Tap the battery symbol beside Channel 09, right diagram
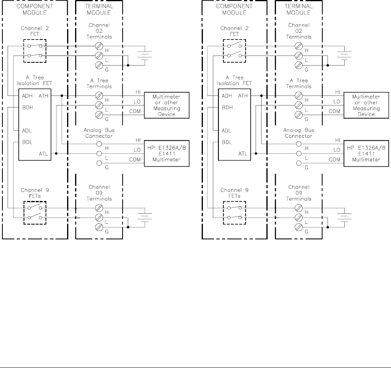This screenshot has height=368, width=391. point(343,218)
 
